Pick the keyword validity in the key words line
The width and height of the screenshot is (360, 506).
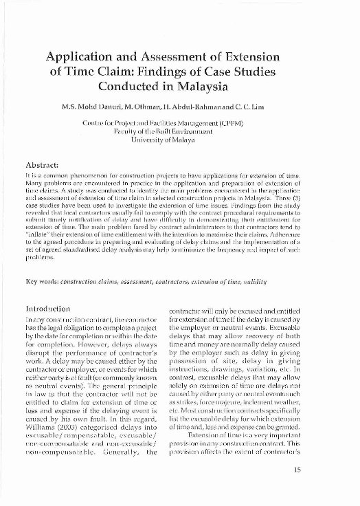(x=253, y=283)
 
